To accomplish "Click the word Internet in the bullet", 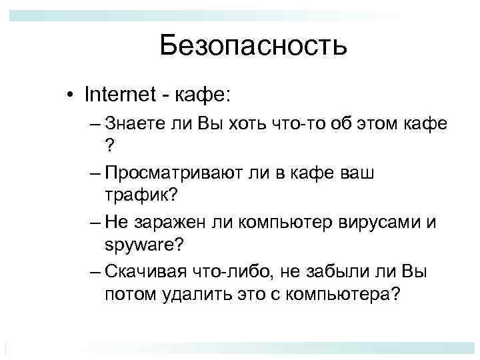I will (118, 94).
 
